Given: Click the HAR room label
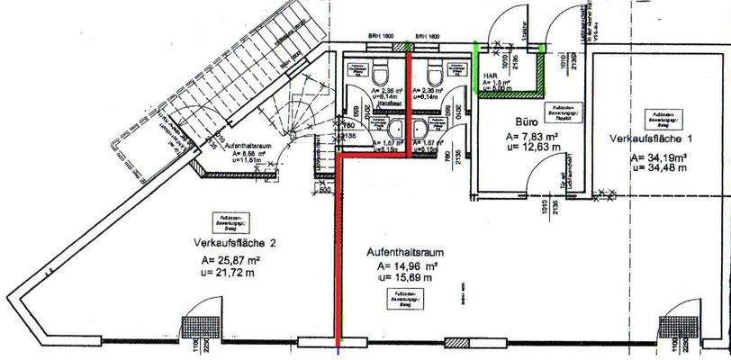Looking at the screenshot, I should pos(491,76).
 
